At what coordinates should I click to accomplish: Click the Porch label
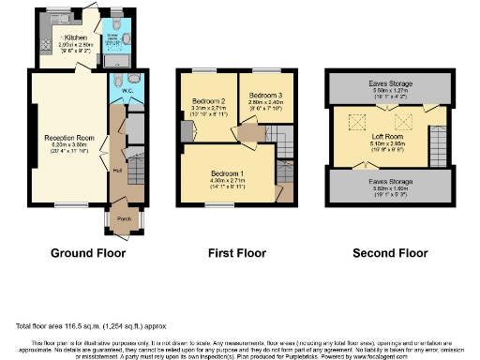click(124, 221)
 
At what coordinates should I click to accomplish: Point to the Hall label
click(118, 171)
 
